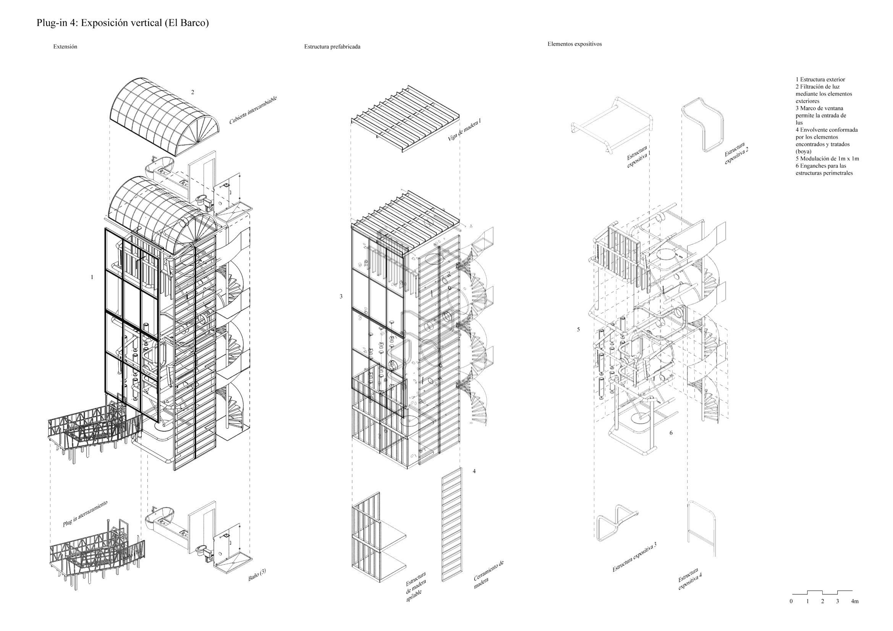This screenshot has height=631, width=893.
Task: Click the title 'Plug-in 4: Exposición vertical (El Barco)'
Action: [x=123, y=23]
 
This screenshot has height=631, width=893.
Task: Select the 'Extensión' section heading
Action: [x=65, y=47]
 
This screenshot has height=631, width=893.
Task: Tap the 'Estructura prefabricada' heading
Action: [x=332, y=47]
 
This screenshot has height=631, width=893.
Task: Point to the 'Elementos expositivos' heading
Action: [x=574, y=44]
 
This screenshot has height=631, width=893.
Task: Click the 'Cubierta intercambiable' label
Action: [x=253, y=110]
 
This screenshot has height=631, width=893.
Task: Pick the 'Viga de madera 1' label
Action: [x=464, y=129]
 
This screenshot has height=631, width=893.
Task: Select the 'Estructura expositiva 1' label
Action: [x=638, y=157]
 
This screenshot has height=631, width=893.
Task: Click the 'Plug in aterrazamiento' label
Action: [x=85, y=513]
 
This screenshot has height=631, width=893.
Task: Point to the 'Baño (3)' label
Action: [x=257, y=575]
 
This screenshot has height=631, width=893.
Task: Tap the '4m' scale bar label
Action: [x=854, y=602]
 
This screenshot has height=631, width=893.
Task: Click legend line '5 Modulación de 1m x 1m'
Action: [x=827, y=159]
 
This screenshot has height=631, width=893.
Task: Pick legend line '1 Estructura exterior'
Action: [x=820, y=80]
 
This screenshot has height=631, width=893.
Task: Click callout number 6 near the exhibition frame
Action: [x=671, y=433]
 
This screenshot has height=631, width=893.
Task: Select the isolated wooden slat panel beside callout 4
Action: [x=451, y=524]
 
